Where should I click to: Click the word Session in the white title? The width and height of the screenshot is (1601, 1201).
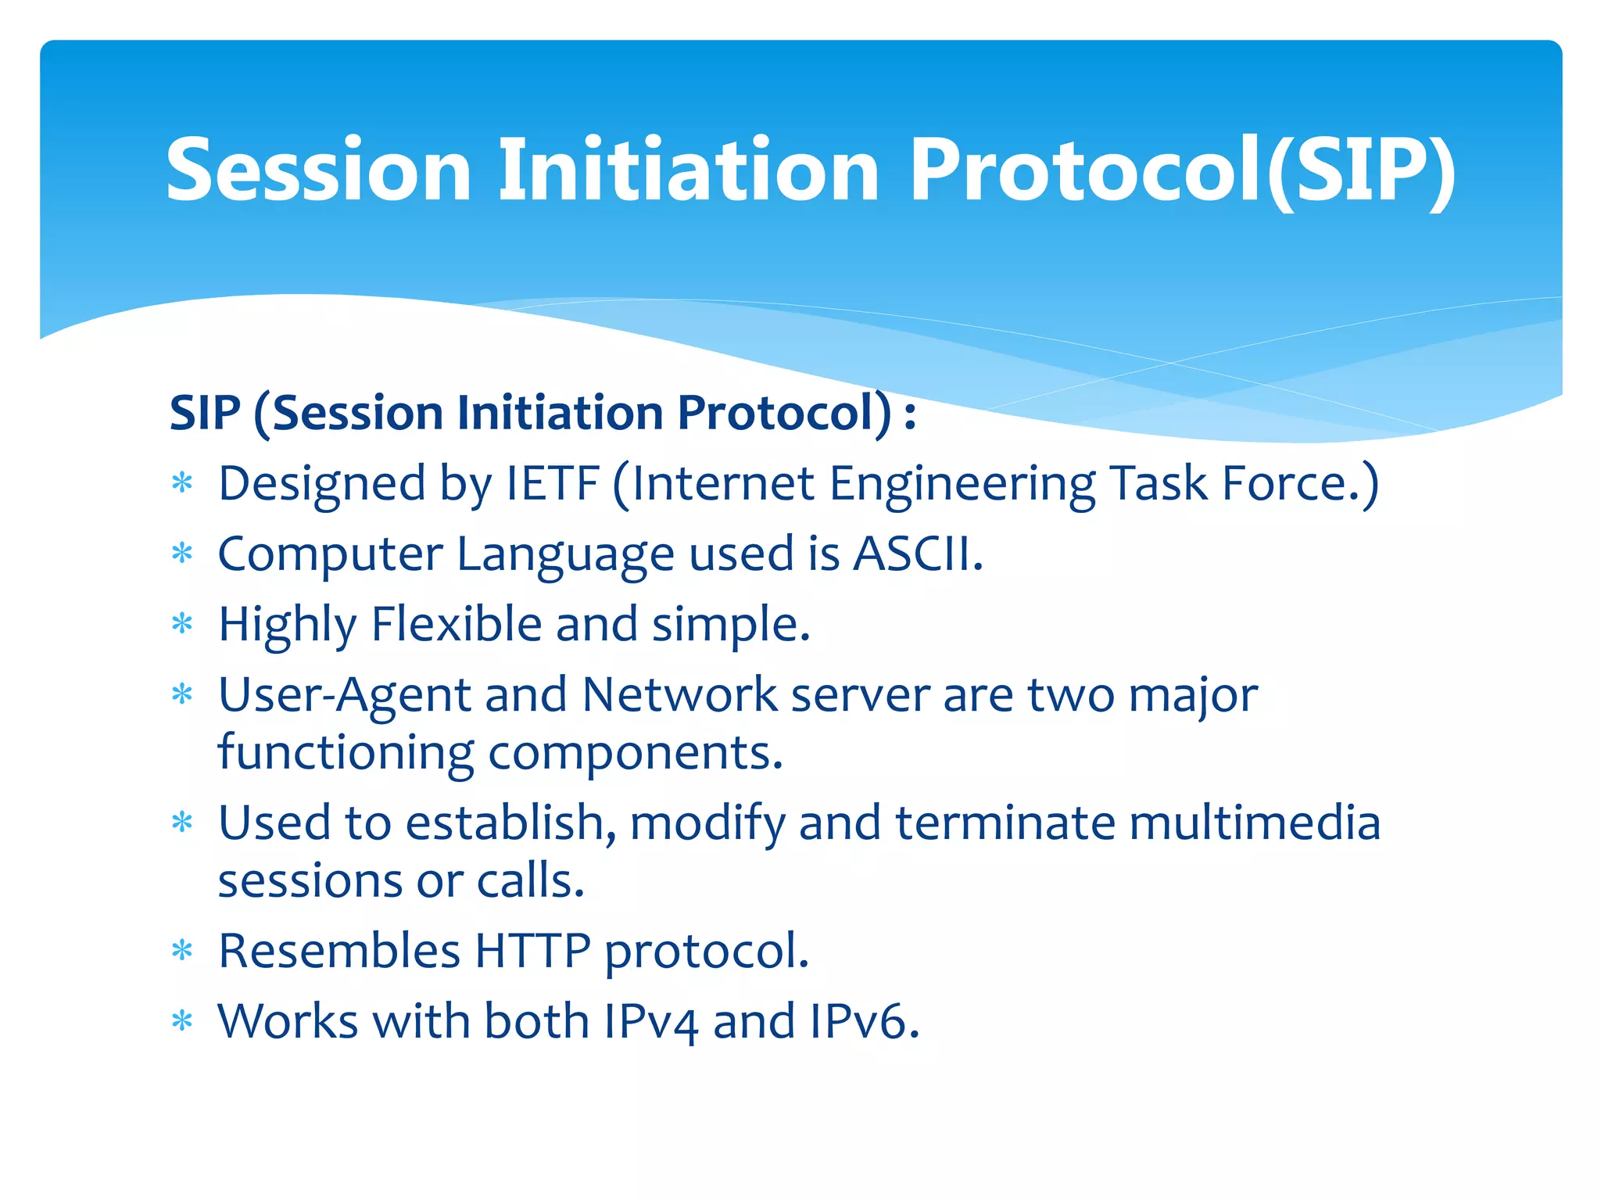tap(319, 170)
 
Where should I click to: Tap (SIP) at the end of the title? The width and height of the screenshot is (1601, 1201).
tap(1361, 170)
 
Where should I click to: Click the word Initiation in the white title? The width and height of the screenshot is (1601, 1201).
tap(689, 170)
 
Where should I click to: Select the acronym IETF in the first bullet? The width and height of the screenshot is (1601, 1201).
tap(553, 483)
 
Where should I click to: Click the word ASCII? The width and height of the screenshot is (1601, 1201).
tap(918, 554)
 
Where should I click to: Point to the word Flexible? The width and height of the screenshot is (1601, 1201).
tap(457, 624)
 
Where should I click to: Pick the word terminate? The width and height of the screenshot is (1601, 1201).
tap(1005, 823)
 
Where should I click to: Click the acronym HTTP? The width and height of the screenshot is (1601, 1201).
tap(532, 951)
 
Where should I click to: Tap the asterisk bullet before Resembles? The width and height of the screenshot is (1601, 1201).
tap(182, 952)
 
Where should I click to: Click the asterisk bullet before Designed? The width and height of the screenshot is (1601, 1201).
tap(182, 484)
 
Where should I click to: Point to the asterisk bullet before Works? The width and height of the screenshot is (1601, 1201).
tap(182, 1022)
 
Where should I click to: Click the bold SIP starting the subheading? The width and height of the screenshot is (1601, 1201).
tap(205, 413)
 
